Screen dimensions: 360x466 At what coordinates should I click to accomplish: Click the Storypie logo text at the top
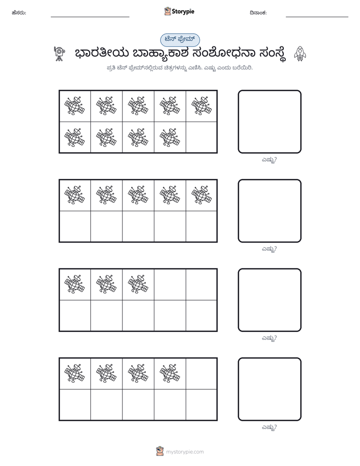pos(183,12)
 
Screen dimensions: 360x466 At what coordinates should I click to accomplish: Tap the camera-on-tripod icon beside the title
pos(59,53)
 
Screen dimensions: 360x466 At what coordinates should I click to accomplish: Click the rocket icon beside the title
pos(300,54)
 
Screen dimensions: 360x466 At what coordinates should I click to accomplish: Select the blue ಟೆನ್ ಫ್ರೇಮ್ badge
pos(180,40)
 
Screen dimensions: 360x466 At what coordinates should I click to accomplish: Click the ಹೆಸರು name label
pos(19,13)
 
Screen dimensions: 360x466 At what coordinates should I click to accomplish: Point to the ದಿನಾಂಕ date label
pos(258,13)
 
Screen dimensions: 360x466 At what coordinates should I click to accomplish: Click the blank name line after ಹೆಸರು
pos(90,17)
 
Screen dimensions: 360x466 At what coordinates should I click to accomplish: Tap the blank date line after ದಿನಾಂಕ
pos(317,17)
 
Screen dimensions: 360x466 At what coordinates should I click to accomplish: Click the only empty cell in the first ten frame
pos(201,137)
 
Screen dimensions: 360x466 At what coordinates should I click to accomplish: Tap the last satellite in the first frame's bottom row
pos(169,138)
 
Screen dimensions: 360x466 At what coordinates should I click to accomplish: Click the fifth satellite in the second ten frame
pos(201,195)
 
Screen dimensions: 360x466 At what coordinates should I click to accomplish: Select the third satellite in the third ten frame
pos(138,284)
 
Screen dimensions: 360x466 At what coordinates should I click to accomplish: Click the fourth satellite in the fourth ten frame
pos(169,373)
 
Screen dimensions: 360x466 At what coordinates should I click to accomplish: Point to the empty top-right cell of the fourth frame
pos(201,374)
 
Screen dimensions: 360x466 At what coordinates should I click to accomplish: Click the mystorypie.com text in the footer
pos(185,452)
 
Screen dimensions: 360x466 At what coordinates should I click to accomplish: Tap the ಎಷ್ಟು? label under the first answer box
pos(269,160)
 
